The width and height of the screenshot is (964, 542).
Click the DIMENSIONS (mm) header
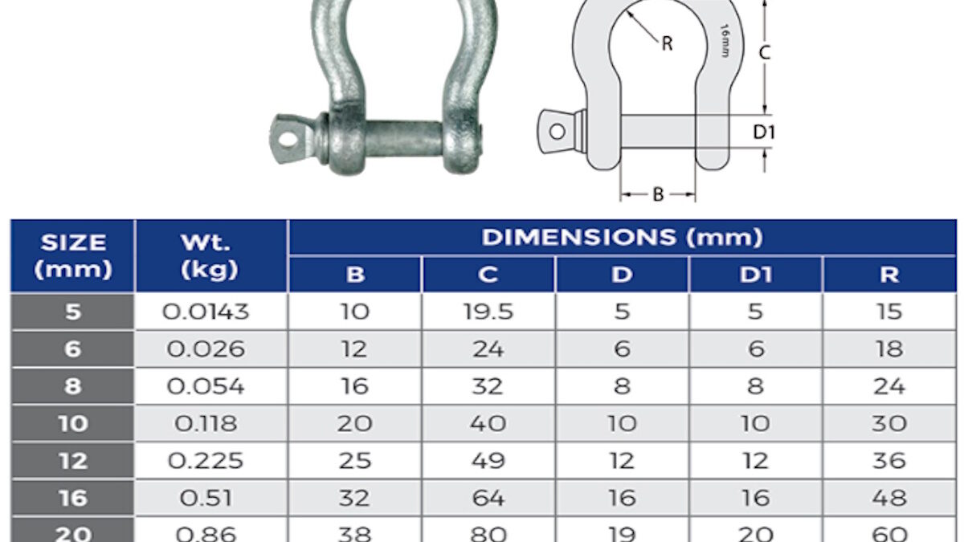(x=622, y=238)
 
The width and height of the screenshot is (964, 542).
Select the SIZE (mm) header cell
(x=73, y=256)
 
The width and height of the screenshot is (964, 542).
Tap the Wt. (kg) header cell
(x=209, y=256)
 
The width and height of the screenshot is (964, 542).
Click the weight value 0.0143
(x=206, y=312)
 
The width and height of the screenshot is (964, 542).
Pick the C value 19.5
(x=488, y=312)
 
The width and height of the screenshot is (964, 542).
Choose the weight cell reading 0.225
(x=206, y=461)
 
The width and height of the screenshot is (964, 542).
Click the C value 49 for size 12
(x=488, y=461)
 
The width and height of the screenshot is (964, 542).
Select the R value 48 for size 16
(x=889, y=498)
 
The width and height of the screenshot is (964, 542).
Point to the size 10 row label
(x=73, y=424)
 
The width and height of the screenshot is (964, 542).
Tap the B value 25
(x=354, y=461)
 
